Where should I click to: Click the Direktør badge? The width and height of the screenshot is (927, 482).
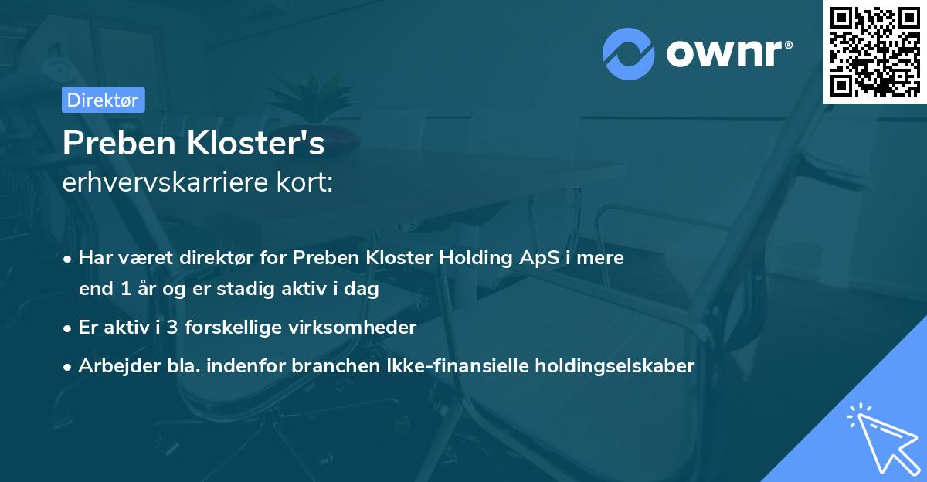[103, 100]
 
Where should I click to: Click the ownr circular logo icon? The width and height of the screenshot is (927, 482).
[629, 53]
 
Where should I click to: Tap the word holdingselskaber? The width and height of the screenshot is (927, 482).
[607, 366]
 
